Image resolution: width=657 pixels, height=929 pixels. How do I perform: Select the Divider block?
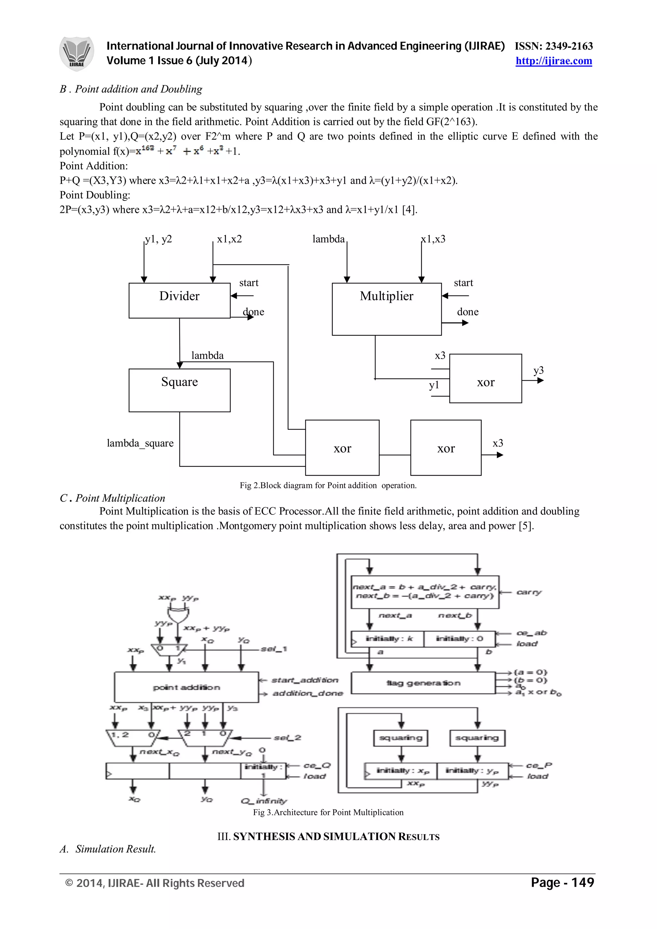point(179,300)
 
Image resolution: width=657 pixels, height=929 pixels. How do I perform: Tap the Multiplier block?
point(386,309)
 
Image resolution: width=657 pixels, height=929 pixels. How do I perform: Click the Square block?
point(179,390)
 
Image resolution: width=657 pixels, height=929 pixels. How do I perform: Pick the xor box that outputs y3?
point(485,378)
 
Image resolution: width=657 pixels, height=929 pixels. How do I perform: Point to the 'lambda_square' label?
point(140,443)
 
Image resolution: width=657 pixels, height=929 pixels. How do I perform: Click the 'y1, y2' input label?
point(158,239)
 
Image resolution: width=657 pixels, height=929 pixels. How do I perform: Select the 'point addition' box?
point(186,687)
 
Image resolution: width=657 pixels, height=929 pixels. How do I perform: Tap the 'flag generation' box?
point(423,683)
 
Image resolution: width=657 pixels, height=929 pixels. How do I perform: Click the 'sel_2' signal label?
point(287,738)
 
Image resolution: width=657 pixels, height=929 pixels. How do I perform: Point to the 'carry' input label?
point(529,592)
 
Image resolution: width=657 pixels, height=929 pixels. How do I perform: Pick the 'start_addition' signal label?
point(304,680)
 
